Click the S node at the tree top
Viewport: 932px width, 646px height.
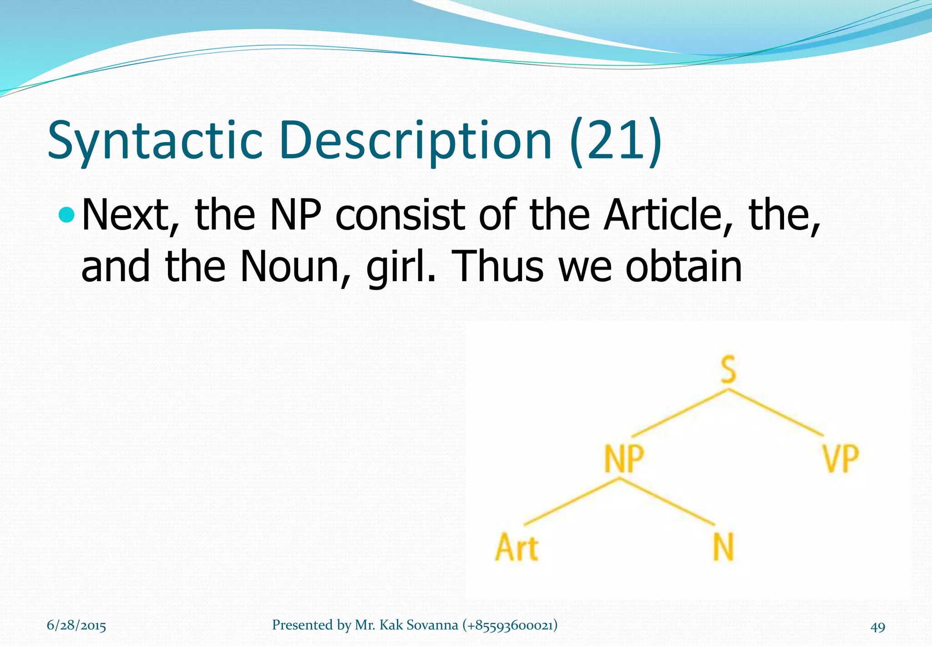click(x=728, y=369)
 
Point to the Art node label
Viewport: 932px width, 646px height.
click(x=517, y=547)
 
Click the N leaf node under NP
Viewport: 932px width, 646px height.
click(x=723, y=547)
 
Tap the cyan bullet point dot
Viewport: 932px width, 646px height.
click(x=66, y=215)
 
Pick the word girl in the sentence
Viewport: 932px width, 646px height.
click(x=401, y=266)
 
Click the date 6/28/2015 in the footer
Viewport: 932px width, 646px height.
click(x=76, y=625)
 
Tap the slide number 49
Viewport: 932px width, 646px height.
click(x=878, y=627)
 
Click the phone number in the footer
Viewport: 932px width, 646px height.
click(x=510, y=625)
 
